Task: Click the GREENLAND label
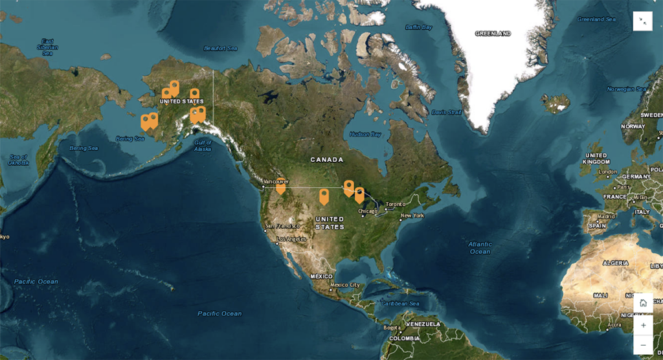tap(493, 34)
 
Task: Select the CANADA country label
tap(326, 159)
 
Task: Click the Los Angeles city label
tap(290, 240)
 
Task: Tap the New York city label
tap(412, 216)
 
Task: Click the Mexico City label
tap(344, 285)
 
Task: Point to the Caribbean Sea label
tap(401, 304)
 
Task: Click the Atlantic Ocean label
tap(480, 247)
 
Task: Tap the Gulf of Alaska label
tap(203, 146)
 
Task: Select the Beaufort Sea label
tap(221, 49)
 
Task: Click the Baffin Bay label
tap(418, 27)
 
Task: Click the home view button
tap(643, 303)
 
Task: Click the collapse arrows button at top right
tap(642, 21)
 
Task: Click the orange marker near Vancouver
tap(280, 186)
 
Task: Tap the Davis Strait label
tap(447, 113)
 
